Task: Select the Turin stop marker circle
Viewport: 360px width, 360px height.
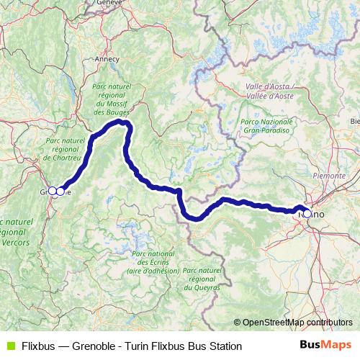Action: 307,213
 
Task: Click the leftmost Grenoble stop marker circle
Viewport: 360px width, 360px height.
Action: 52,191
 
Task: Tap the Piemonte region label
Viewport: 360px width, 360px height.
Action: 330,175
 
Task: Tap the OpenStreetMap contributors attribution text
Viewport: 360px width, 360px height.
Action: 297,322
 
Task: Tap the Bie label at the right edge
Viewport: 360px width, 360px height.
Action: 354,121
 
